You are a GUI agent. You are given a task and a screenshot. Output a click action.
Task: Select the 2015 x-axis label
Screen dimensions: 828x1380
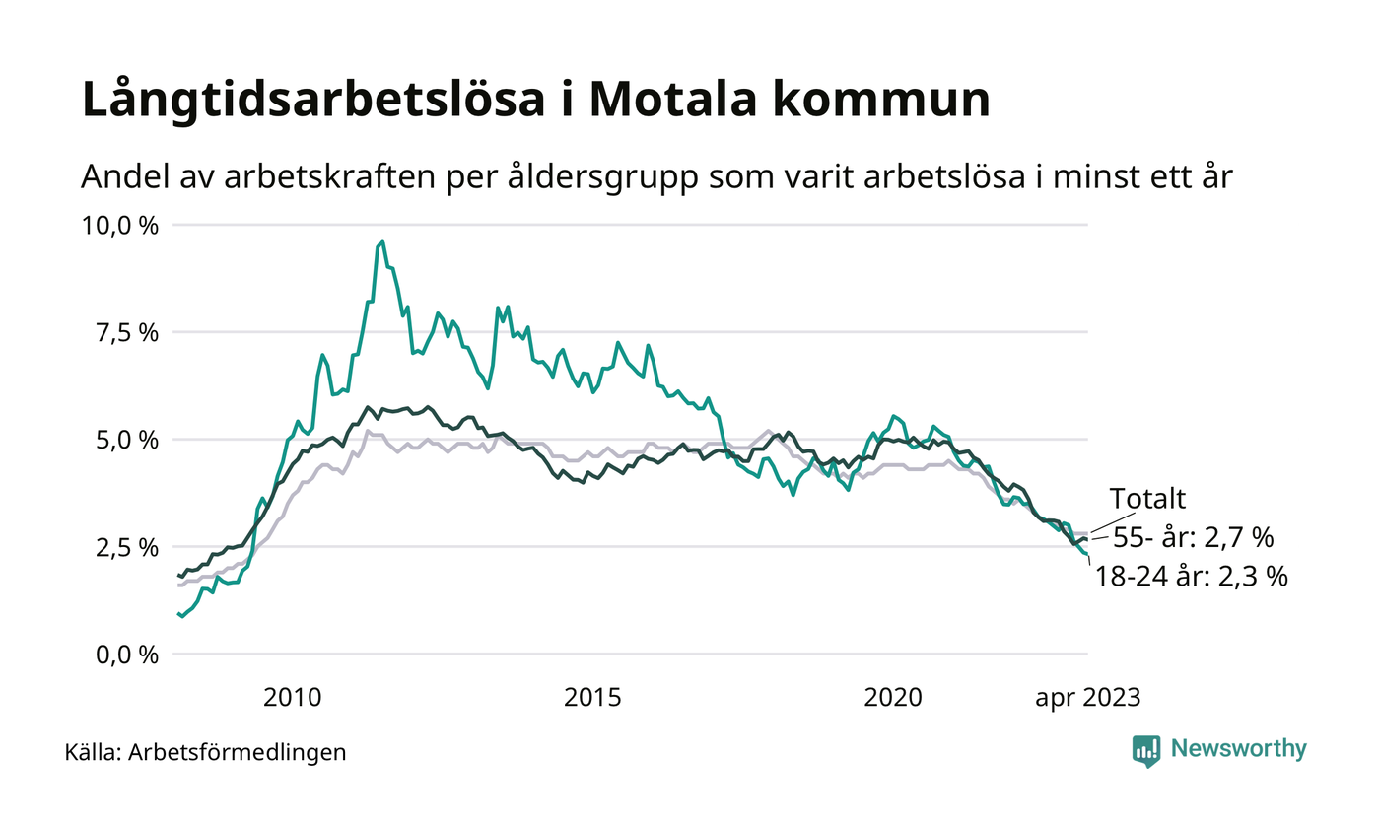click(x=592, y=698)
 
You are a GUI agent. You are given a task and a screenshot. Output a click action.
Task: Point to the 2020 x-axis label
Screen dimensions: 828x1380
click(x=893, y=698)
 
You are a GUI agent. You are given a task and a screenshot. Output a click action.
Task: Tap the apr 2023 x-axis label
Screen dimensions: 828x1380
click(x=1086, y=698)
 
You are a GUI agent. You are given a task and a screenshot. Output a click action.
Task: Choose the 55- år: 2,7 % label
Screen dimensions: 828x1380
click(x=1194, y=538)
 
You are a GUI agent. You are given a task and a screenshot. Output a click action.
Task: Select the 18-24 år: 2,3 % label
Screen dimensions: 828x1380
click(x=1192, y=577)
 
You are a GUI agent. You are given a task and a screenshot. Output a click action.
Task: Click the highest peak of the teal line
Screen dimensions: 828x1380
click(x=382, y=241)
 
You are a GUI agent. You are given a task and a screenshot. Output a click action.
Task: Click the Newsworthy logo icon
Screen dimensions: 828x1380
click(x=1146, y=750)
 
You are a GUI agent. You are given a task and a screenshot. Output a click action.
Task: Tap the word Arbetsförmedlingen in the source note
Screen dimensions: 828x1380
click(x=238, y=752)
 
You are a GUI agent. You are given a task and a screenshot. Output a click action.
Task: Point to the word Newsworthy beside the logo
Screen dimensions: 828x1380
click(x=1239, y=749)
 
